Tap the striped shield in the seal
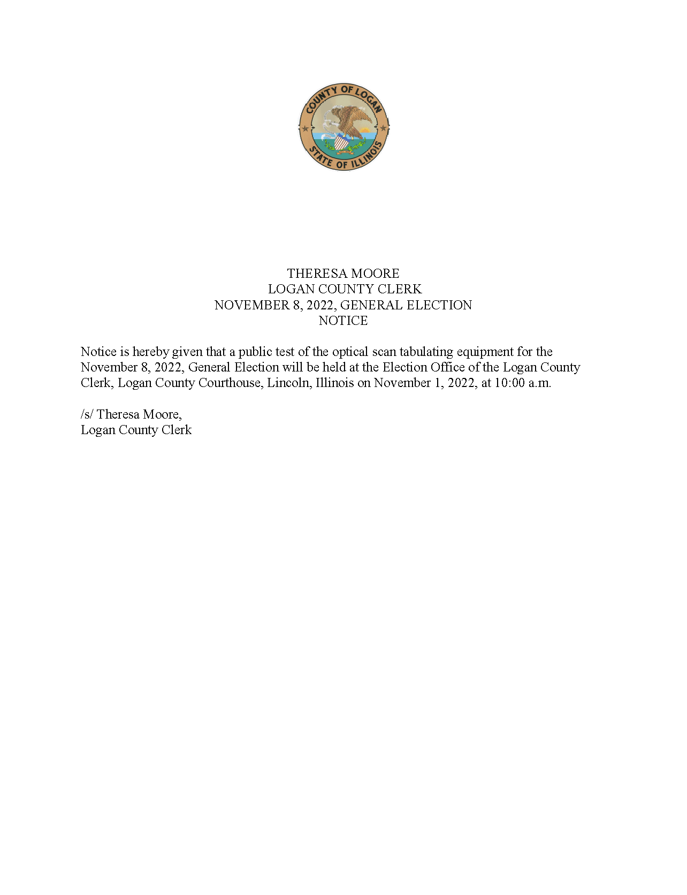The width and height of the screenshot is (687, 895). pos(341,143)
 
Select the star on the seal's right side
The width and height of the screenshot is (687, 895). pos(383,128)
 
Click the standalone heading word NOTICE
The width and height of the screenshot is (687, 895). pos(343,321)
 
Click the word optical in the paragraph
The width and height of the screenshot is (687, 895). pos(350,352)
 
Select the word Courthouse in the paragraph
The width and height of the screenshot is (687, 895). pos(230,383)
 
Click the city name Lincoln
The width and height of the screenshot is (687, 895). pos(289,383)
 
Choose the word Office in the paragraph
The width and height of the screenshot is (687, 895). pos(445,367)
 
